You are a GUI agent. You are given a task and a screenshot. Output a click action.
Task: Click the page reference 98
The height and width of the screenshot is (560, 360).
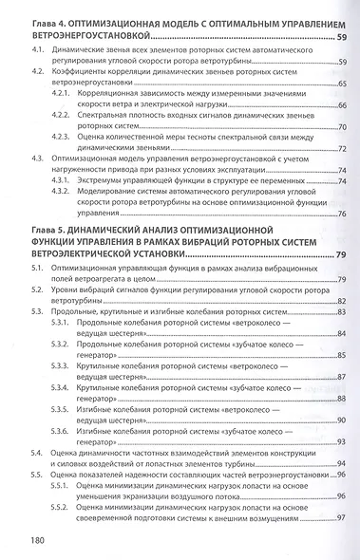point(340,521)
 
